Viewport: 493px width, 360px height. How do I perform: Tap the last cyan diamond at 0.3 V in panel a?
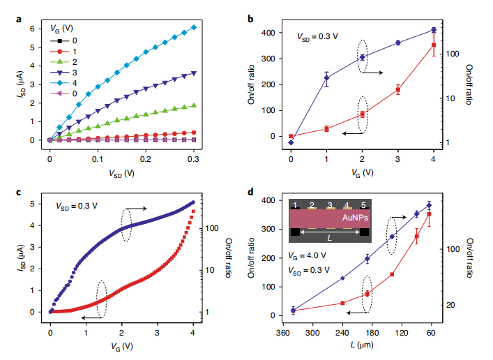[193, 27]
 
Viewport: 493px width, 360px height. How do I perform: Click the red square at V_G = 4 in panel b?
[434, 45]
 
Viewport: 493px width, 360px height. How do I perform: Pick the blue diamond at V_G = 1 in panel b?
[326, 78]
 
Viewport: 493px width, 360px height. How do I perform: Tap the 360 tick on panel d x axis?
[282, 333]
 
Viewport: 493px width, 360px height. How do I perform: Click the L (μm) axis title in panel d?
[361, 347]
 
